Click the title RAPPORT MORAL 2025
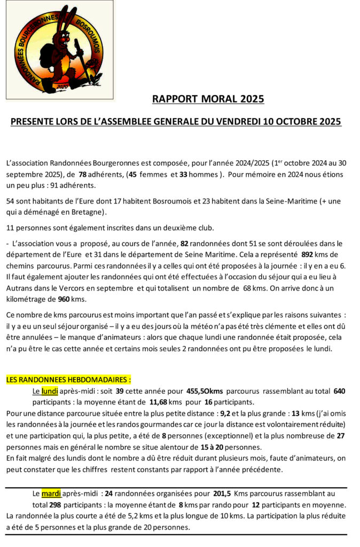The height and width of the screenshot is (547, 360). pos(208,99)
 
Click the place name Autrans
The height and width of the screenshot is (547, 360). pos(20,289)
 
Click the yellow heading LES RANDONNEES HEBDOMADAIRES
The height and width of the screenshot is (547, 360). pos(68,380)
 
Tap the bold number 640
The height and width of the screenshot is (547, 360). pos(339,390)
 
